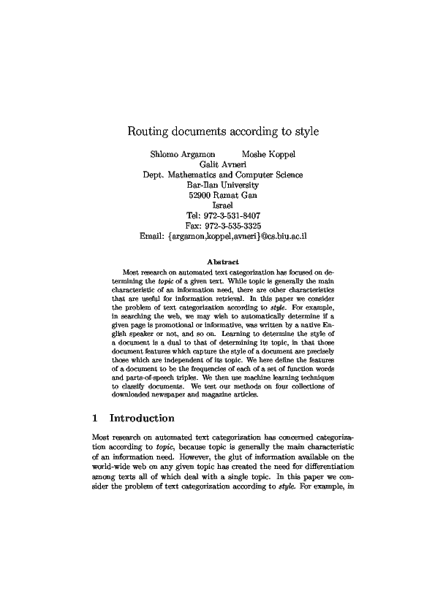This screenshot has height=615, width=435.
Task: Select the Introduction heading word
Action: coord(142,419)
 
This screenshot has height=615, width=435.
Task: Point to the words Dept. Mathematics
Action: coord(181,175)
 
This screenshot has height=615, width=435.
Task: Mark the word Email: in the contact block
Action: coord(152,237)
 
